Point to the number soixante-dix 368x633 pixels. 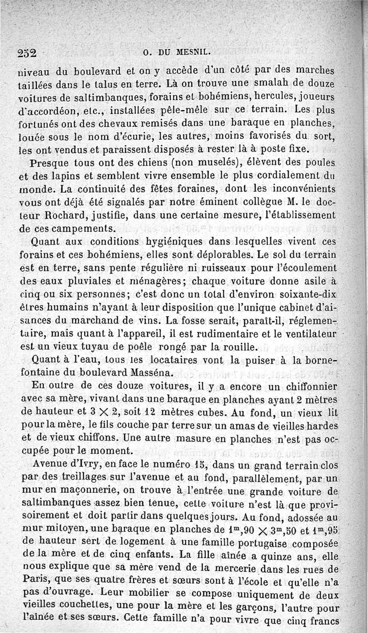click(309, 293)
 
